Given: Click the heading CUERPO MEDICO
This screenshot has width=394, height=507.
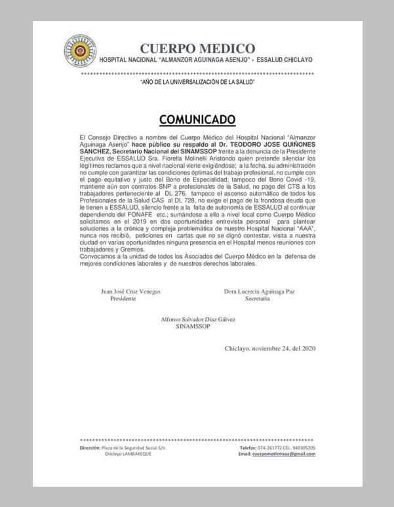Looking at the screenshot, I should [197, 48].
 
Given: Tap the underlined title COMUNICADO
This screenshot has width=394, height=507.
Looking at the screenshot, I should [197, 119].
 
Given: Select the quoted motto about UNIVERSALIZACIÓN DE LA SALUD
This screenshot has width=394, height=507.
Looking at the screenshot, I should [197, 82].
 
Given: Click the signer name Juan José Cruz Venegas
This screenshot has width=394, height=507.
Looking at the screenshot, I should [130, 291].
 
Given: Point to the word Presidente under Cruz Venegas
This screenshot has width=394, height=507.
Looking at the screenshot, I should [123, 299].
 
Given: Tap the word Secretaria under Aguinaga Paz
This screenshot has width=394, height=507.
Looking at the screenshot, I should [258, 299].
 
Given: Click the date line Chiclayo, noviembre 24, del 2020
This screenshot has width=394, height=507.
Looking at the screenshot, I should [270, 348].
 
